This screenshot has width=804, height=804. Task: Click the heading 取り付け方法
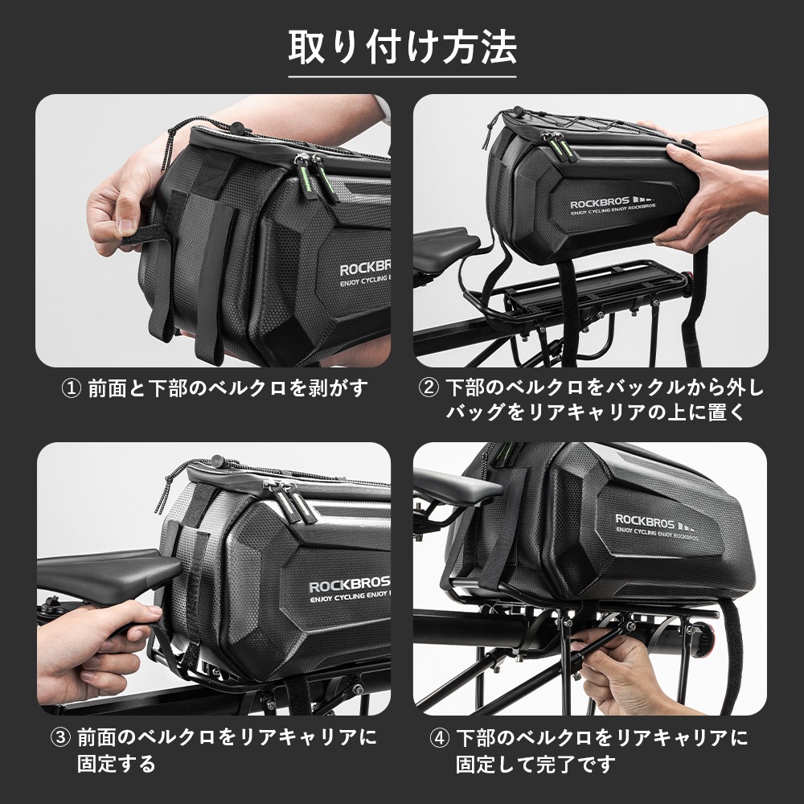[x=402, y=48]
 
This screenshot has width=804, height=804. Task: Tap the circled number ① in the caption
[x=72, y=389]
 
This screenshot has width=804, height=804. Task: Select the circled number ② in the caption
[x=429, y=389]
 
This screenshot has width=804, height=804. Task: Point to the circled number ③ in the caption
[x=61, y=737]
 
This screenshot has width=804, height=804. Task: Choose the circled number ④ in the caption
[x=440, y=737]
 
